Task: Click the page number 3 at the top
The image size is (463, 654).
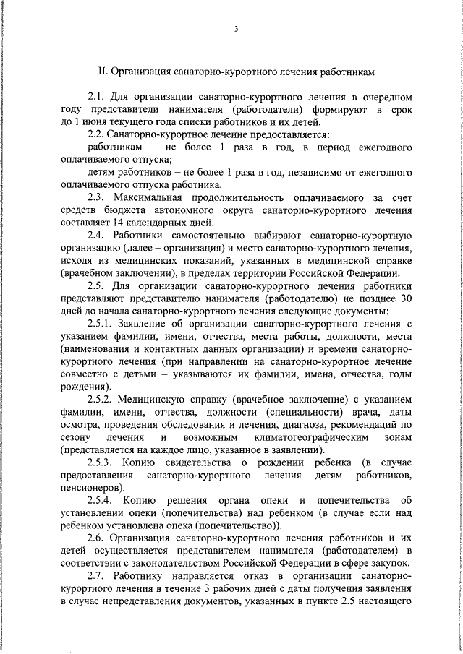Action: pyautogui.click(x=236, y=29)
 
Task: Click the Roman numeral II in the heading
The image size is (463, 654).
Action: pyautogui.click(x=102, y=72)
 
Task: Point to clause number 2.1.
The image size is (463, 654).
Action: pyautogui.click(x=96, y=97)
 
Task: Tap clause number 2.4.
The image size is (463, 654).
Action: pyautogui.click(x=96, y=235)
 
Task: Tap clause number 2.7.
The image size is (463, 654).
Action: pyautogui.click(x=96, y=575)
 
